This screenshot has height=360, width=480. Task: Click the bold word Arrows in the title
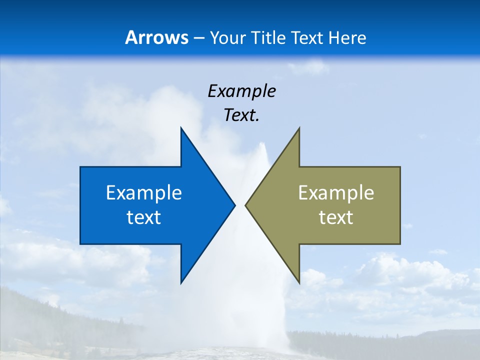pos(156,38)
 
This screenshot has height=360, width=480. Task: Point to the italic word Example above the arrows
pos(241,91)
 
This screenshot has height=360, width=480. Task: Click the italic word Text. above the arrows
pos(241,115)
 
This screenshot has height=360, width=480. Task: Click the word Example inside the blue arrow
pos(144,193)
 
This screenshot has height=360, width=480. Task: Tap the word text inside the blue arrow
pos(144,217)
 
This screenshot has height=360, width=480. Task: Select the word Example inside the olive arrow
pos(336,193)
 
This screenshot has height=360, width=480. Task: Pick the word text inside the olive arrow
pos(336,217)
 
